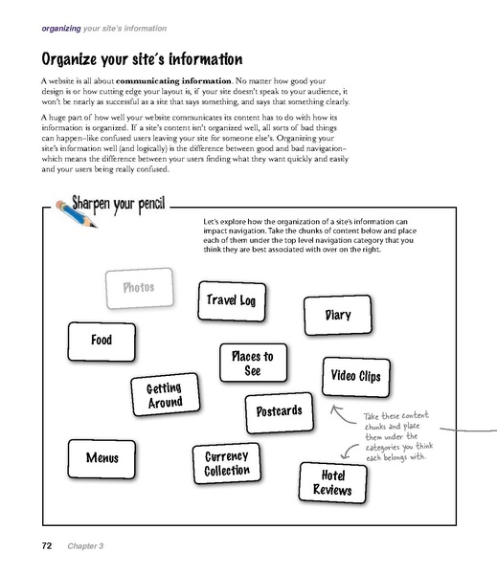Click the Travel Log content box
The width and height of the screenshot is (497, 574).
[232, 301]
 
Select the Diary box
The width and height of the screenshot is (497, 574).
[337, 315]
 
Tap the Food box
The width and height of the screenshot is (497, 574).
[101, 340]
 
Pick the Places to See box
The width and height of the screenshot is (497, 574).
[252, 364]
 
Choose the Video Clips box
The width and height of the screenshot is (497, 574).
[355, 376]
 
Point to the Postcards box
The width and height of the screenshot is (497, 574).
[280, 411]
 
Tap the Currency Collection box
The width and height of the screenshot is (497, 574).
[227, 464]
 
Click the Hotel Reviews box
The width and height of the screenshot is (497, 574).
[332, 483]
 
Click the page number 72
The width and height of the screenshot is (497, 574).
[45, 546]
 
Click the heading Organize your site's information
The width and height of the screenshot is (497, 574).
[140, 61]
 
